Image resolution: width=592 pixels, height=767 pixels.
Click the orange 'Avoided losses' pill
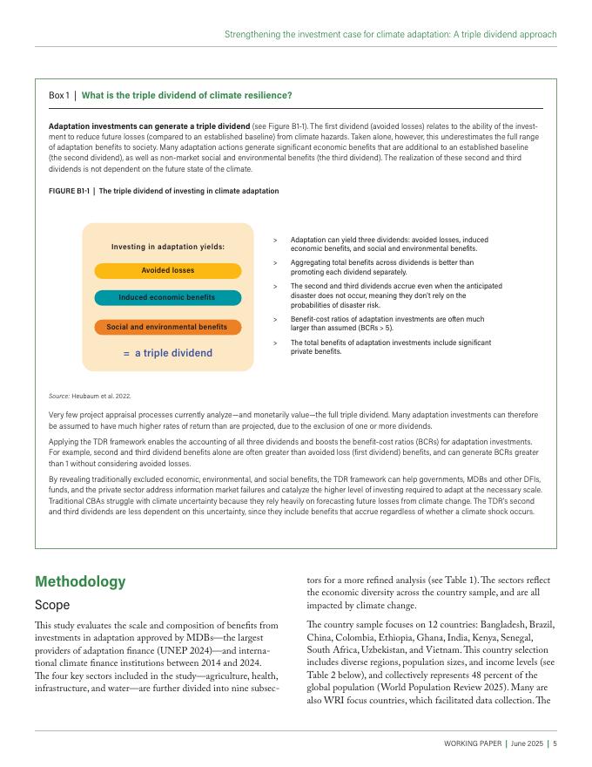[168, 271]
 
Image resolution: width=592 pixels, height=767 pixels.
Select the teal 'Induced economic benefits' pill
[167, 297]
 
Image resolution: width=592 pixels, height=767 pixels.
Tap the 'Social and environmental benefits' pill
[167, 327]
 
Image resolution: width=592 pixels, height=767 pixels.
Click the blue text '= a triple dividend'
[168, 353]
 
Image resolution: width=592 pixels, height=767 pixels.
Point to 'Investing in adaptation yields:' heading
[168, 247]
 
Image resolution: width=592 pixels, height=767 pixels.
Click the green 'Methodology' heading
[80, 581]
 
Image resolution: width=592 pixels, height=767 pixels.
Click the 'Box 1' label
[58, 95]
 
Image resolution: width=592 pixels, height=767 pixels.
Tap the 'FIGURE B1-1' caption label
[69, 191]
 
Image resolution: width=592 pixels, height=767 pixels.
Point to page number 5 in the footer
[555, 743]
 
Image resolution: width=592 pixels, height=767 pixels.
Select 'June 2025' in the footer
[527, 743]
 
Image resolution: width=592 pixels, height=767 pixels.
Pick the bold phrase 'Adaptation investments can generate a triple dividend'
[136, 127]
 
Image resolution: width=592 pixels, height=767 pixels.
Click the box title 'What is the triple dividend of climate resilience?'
[186, 95]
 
